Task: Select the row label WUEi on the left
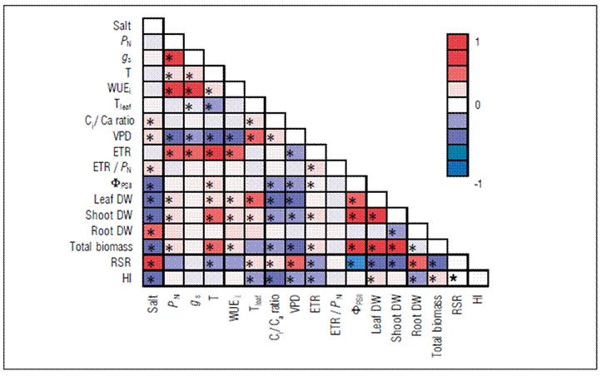pyautogui.click(x=122, y=89)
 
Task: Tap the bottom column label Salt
pyautogui.click(x=152, y=303)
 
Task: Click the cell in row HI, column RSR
pyautogui.click(x=455, y=278)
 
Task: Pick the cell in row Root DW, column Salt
pyautogui.click(x=152, y=230)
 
